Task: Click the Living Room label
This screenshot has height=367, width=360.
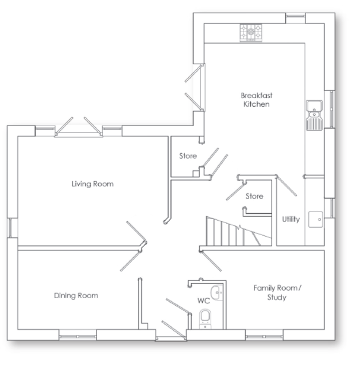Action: (92, 184)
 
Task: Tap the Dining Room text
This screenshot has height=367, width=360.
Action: (76, 295)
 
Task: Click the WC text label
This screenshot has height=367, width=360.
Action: (203, 300)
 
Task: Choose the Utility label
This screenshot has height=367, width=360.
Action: (291, 219)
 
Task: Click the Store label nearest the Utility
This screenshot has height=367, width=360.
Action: (254, 196)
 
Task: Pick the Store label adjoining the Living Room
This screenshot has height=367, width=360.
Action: (188, 156)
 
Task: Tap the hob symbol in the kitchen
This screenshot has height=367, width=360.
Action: (251, 32)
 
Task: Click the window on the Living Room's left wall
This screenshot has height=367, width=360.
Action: (13, 228)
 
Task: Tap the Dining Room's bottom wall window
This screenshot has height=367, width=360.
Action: (78, 334)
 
